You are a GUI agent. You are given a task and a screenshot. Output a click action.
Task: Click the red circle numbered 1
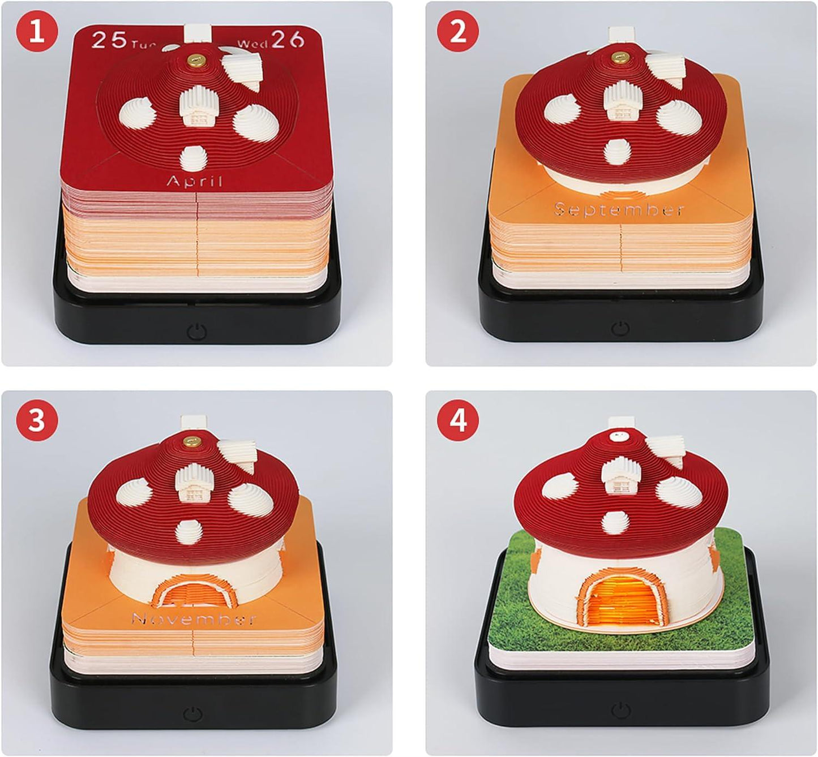tap(37, 31)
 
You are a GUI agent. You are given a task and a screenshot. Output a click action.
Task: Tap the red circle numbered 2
tap(457, 31)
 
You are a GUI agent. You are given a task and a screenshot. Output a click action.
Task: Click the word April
tap(194, 181)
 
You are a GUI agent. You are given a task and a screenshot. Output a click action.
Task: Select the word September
tap(619, 209)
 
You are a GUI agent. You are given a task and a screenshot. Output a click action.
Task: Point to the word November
tap(194, 618)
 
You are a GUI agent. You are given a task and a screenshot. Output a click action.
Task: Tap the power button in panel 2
tap(620, 328)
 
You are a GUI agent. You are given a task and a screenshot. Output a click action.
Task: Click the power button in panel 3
tap(193, 715)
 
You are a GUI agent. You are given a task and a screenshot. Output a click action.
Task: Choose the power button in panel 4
tap(621, 711)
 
